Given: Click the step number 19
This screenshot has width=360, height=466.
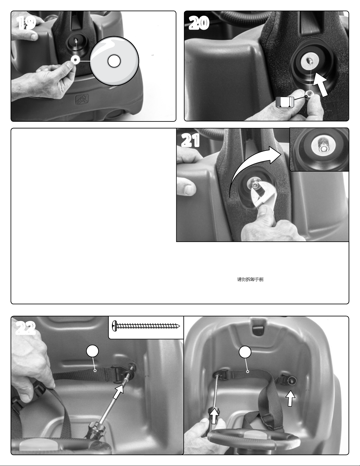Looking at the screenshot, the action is [26, 23].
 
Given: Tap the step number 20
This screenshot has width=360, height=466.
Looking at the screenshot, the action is [199, 23].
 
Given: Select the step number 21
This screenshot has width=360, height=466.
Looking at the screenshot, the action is [190, 140].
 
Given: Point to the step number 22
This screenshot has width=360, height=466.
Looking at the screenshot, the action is [26, 328].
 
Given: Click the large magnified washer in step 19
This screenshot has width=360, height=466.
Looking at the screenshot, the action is [114, 61].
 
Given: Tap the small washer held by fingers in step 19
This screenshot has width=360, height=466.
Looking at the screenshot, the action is [76, 60].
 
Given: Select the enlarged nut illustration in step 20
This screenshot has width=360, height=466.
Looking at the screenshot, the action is [285, 102].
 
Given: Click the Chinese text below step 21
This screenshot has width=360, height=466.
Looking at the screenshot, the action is [250, 279].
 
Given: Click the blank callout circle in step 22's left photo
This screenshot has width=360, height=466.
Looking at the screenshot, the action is [92, 351].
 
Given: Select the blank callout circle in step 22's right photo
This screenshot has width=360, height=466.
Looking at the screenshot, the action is [245, 352].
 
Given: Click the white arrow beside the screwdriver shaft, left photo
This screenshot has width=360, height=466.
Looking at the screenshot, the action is [118, 391].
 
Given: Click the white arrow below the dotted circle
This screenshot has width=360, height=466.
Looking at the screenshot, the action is [290, 398].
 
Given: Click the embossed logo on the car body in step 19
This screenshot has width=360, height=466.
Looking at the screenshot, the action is [82, 99].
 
